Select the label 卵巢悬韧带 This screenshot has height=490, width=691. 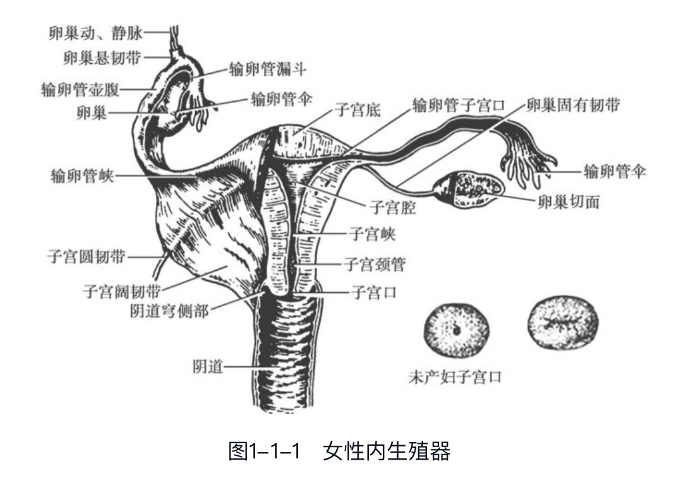102,58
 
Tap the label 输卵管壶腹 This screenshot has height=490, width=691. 81,89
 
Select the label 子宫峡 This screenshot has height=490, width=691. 372,235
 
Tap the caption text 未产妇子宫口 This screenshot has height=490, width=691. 455,378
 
